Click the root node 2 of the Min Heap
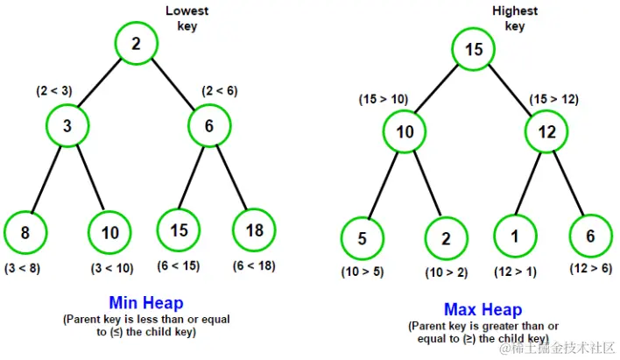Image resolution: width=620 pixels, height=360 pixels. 137,44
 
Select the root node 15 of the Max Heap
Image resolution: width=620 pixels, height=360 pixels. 473,49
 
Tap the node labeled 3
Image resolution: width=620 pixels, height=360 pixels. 67,126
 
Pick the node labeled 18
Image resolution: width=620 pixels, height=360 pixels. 254,230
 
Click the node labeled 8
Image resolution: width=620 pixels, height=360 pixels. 25,232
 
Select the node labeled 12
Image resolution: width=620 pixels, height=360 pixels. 546,131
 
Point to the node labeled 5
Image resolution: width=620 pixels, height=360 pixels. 362,238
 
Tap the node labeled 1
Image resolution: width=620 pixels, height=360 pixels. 515,236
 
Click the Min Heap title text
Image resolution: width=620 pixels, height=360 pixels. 146,303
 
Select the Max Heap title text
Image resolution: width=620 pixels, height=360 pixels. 483,309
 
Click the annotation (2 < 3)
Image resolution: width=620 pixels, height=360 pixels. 54,91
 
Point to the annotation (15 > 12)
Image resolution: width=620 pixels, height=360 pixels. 554,99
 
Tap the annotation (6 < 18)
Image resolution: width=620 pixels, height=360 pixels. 254,266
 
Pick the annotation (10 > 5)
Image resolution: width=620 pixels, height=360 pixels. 363,272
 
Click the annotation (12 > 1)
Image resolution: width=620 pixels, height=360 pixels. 515,272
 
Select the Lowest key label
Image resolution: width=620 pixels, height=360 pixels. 187,18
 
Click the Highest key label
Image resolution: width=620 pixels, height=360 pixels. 515,18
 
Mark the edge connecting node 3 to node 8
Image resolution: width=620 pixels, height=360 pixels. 46,180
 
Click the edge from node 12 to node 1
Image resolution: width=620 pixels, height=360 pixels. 528,184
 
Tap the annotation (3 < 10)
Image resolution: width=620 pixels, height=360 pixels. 112,269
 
